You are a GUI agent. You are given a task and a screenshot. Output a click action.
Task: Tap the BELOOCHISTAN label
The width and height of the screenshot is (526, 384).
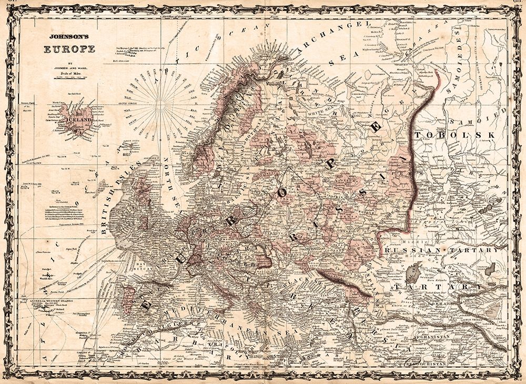(426, 363)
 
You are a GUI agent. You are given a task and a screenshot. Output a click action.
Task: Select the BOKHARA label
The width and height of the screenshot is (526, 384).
(441, 304)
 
